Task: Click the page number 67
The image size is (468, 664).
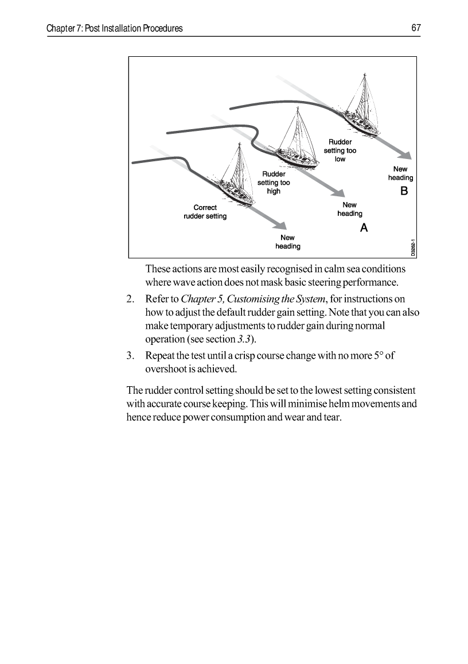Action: (x=416, y=28)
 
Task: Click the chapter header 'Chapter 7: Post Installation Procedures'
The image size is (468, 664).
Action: (x=115, y=28)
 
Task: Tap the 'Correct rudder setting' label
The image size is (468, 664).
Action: (x=205, y=212)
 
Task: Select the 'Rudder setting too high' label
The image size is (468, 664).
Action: (x=274, y=182)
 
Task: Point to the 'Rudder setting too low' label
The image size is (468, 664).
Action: (x=340, y=150)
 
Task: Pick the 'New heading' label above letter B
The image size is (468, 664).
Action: (x=400, y=173)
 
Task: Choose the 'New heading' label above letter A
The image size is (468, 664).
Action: (x=349, y=209)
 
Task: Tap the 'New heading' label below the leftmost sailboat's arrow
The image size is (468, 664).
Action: (x=287, y=242)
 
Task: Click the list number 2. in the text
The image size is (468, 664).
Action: (x=130, y=299)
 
